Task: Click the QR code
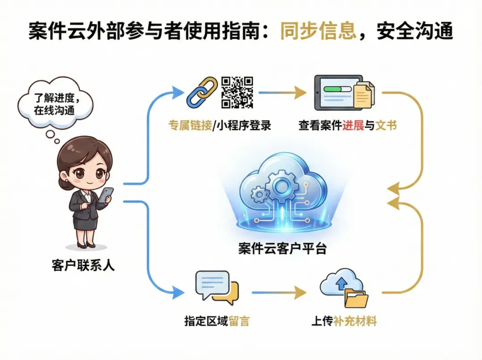point(237,92)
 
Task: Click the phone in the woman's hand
point(106,195)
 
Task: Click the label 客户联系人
point(83,266)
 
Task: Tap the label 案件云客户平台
point(282,248)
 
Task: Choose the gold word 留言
point(239,321)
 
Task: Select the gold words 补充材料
point(355,321)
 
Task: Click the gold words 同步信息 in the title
point(318,31)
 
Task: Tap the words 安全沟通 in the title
point(415,31)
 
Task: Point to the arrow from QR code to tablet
point(282,92)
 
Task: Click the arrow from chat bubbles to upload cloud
point(278,293)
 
